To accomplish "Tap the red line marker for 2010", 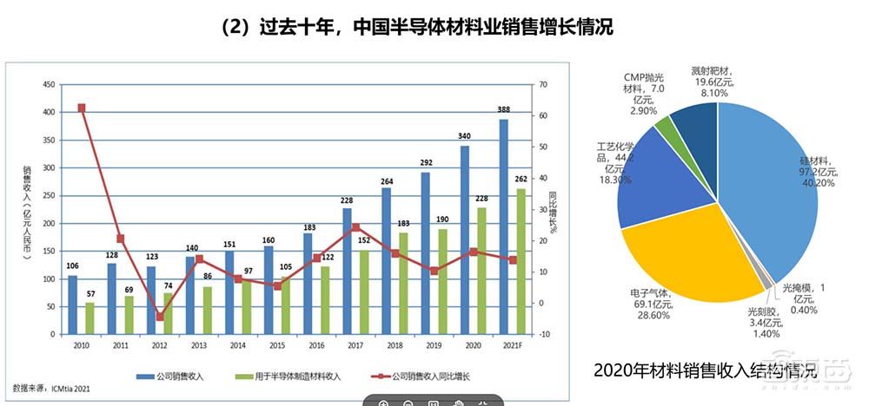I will pyautogui.click(x=81, y=108).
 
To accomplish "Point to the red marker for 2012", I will pyautogui.click(x=159, y=317).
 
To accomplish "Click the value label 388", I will pyautogui.click(x=503, y=111).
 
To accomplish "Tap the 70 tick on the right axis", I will pyautogui.click(x=543, y=84).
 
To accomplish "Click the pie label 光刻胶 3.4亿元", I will pyautogui.click(x=764, y=321).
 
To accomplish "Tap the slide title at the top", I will pyautogui.click(x=417, y=28).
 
